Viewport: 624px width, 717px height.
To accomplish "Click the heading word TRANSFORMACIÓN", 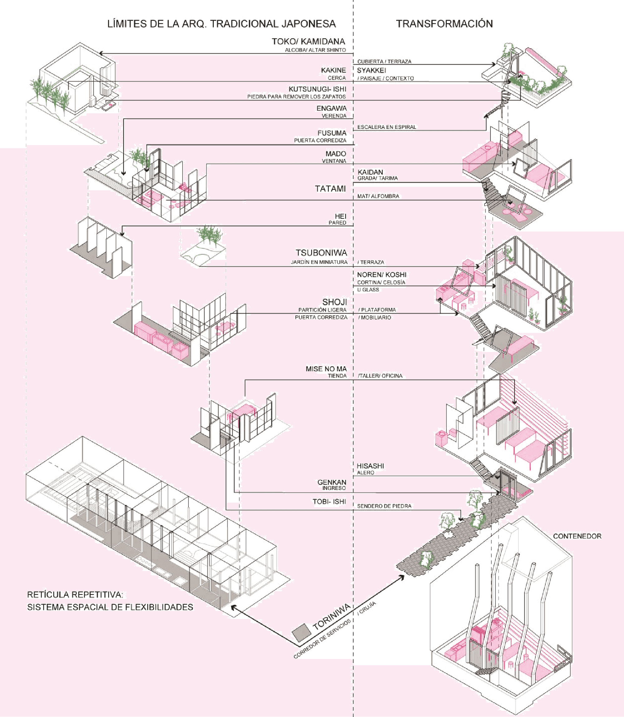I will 444,24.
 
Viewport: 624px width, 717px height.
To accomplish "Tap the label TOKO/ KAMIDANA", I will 308,41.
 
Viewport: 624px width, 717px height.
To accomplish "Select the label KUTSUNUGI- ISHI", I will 317,89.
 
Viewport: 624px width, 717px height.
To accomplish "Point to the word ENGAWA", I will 331,108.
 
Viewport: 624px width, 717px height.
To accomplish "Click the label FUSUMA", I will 332,133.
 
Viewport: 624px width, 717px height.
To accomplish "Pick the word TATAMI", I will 330,189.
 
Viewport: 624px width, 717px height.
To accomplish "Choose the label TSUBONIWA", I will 321,253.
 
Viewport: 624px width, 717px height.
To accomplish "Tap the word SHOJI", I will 334,302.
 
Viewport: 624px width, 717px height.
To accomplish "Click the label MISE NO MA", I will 326,369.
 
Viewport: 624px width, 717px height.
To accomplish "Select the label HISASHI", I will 370,466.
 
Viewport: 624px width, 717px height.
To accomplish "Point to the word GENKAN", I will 331,482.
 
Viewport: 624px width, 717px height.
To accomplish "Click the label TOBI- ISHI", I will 329,502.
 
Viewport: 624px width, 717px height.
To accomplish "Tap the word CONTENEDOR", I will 577,536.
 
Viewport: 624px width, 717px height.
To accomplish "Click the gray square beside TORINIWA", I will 301,633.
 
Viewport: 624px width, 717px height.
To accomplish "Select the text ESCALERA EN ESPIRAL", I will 387,127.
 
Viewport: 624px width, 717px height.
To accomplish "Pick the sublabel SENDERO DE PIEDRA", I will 384,506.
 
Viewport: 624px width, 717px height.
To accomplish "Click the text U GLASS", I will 368,290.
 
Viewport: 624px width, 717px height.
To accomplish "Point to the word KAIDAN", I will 370,172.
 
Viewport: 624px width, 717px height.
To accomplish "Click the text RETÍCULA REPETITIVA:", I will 75,594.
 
